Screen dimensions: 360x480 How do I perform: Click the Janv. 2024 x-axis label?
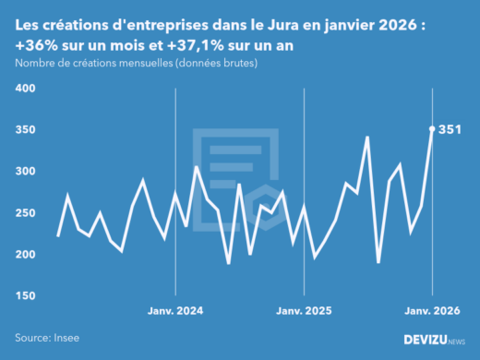tap(175, 312)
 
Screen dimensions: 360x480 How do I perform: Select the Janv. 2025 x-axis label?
tap(305, 312)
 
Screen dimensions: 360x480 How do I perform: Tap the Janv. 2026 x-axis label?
tap(432, 312)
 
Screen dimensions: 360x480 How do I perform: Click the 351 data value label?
tap(450, 130)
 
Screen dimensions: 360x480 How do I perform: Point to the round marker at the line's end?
tap(432, 129)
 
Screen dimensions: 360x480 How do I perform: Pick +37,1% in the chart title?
tap(192, 44)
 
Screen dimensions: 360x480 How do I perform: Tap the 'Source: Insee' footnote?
tap(46, 339)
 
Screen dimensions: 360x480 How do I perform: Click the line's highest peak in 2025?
tap(367, 138)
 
